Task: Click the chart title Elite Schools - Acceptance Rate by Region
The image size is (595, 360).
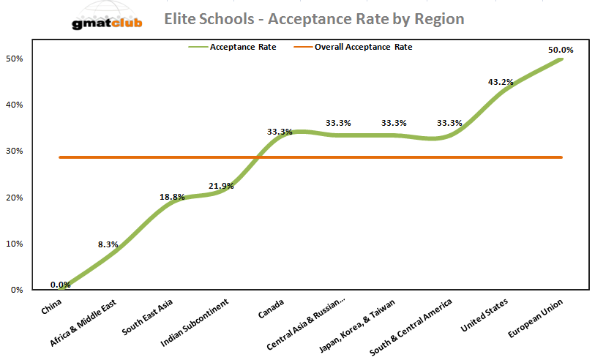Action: pos(314,18)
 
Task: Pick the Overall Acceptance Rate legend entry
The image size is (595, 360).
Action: pos(363,47)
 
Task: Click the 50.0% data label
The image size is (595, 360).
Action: pos(561,50)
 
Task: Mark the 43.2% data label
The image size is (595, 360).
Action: pos(501,82)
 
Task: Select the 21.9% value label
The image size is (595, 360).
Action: pos(220,186)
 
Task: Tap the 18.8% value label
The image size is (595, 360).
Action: pos(173,197)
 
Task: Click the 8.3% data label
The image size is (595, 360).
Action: pos(108,244)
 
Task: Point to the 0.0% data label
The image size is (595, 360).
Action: pos(61,285)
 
